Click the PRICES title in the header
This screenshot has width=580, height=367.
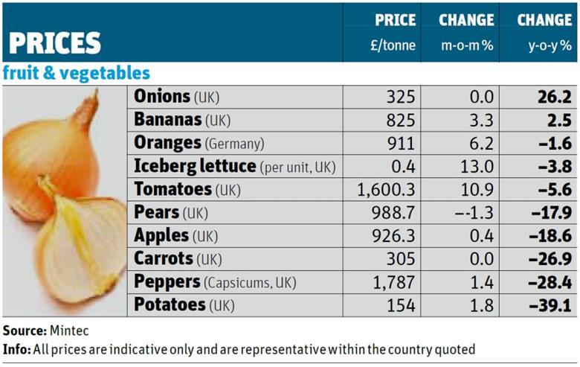tap(57, 42)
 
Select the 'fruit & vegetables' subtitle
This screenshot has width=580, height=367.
tap(76, 73)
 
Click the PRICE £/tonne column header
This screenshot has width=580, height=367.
tap(394, 32)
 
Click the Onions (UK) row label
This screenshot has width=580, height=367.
tap(177, 97)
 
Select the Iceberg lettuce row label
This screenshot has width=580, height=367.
tap(234, 166)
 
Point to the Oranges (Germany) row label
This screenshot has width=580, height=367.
tap(199, 143)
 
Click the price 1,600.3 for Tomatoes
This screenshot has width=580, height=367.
tap(387, 190)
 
